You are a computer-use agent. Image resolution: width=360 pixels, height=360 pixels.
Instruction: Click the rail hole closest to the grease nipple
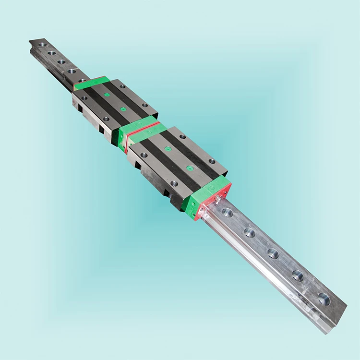click(227, 213)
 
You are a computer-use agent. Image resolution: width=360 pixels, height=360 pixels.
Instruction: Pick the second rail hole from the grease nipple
click(250, 233)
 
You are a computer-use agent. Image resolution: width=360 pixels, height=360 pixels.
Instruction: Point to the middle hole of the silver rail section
click(273, 253)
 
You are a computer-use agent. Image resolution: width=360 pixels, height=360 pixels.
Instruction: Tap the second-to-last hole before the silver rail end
click(298, 276)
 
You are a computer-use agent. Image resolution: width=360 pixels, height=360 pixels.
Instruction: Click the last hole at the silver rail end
click(324, 299)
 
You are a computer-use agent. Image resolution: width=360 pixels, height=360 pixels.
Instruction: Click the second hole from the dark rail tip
click(52, 53)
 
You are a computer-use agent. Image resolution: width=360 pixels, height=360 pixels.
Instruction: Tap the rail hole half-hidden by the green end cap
click(82, 80)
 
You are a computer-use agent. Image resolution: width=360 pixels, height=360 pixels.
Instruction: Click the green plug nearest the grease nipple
click(191, 168)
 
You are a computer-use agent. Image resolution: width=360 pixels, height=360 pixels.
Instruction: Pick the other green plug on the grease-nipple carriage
click(168, 149)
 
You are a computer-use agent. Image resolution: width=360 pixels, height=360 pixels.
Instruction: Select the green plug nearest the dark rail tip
click(107, 95)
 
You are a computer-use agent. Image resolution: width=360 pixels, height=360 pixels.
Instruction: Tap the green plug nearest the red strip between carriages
click(124, 109)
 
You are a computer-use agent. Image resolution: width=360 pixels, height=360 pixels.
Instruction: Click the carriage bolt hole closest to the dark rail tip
click(84, 98)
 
